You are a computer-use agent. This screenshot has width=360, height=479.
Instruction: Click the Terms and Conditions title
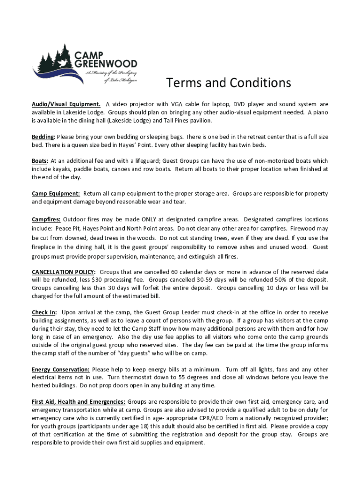point(229,83)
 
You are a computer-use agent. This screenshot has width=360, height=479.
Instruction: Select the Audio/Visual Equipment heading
point(66,104)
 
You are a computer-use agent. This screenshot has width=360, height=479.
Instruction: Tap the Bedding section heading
point(43,137)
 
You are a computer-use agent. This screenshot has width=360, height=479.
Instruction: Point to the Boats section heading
point(40,160)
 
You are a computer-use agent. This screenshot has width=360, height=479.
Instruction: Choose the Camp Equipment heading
point(56,193)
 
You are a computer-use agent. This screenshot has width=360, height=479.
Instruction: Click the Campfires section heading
point(46,219)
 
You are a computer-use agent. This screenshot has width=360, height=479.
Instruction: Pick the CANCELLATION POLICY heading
point(64,272)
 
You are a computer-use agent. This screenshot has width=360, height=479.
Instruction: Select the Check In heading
point(44,312)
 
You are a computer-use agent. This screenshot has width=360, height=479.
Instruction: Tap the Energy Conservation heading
point(61,369)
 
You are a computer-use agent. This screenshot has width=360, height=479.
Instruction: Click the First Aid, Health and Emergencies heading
point(78,401)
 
